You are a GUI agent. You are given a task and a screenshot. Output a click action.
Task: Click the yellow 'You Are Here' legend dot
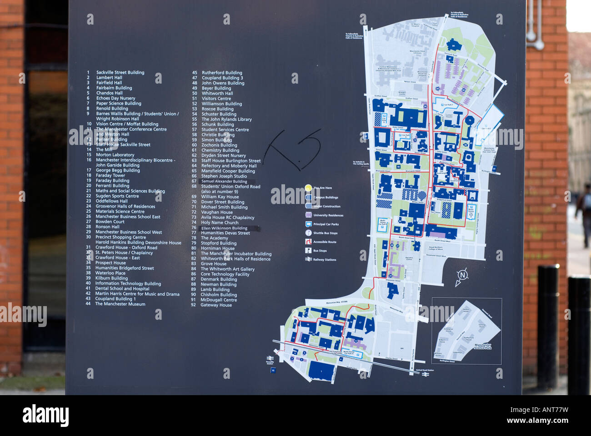point(308,188)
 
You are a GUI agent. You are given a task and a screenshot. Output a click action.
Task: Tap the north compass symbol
point(462,276)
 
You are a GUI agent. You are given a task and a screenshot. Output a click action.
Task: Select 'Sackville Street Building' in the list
point(120,72)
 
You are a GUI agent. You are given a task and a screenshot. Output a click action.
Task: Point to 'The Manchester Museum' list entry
point(120,304)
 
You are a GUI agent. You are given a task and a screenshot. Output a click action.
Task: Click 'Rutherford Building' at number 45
point(222,73)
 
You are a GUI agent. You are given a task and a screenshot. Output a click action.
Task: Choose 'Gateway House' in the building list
point(216,305)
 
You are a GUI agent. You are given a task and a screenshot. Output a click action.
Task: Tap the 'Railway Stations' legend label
point(325,260)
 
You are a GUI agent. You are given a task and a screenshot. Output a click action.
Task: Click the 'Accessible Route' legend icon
point(308,242)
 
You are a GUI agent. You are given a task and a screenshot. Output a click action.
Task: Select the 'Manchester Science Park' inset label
point(482,346)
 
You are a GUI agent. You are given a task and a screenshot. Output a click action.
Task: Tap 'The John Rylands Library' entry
point(226,119)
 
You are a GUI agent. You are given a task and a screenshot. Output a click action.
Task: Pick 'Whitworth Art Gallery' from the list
point(228,269)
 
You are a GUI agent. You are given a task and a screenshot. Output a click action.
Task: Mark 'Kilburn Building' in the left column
point(111,278)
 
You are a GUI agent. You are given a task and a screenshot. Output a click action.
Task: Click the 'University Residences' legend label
point(328,215)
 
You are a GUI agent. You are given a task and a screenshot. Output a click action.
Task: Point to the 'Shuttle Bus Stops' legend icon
point(308,233)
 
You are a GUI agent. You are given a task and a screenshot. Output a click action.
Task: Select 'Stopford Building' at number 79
point(219,243)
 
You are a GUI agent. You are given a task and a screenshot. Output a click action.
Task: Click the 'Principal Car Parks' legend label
point(326,224)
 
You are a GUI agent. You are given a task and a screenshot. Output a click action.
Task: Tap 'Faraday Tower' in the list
point(110,175)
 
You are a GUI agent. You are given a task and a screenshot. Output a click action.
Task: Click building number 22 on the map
point(392,290)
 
